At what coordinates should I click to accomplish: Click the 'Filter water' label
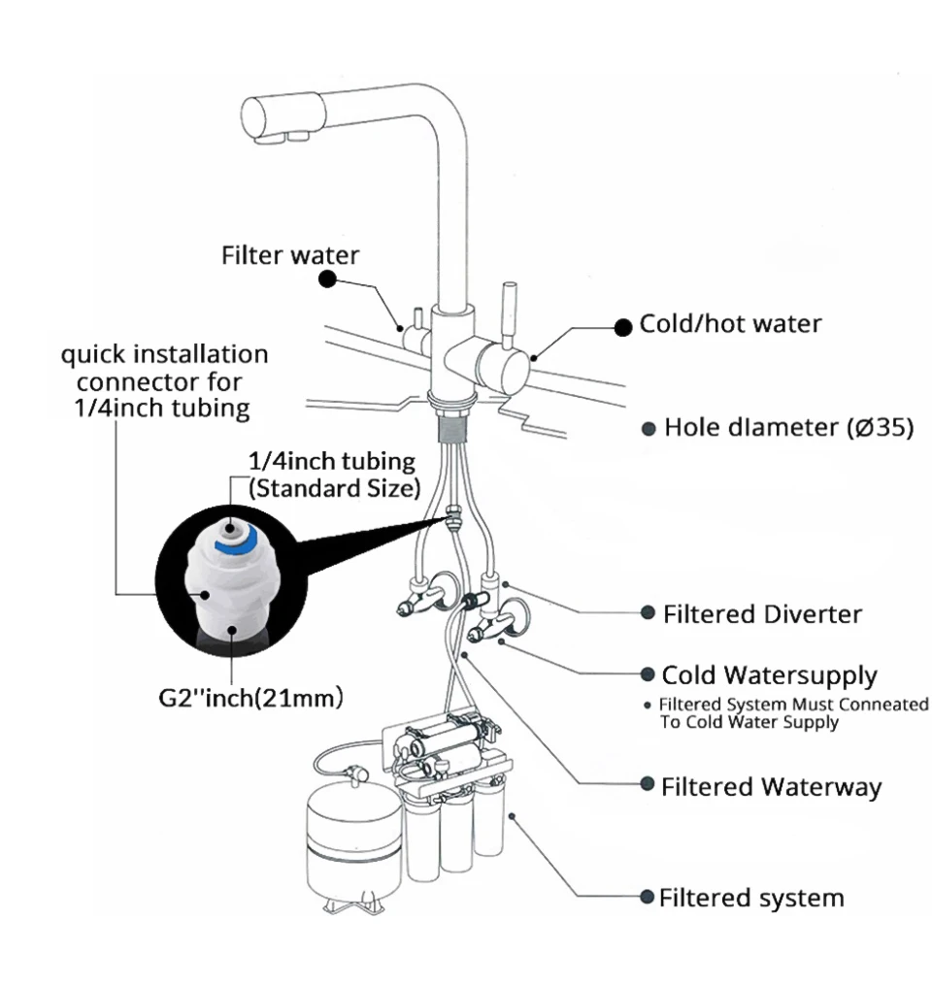[x=289, y=255]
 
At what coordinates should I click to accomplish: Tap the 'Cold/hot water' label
[x=729, y=324]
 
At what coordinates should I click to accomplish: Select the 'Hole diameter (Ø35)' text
[x=787, y=428]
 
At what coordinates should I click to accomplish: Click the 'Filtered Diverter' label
[x=761, y=614]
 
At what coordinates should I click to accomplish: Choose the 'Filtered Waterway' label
[x=771, y=786]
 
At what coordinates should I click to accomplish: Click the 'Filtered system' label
[x=750, y=898]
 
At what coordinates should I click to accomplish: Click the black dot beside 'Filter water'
[x=328, y=279]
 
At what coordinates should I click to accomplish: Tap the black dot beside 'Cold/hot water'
[x=621, y=327]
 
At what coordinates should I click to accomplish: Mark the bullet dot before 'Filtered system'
[x=648, y=897]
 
